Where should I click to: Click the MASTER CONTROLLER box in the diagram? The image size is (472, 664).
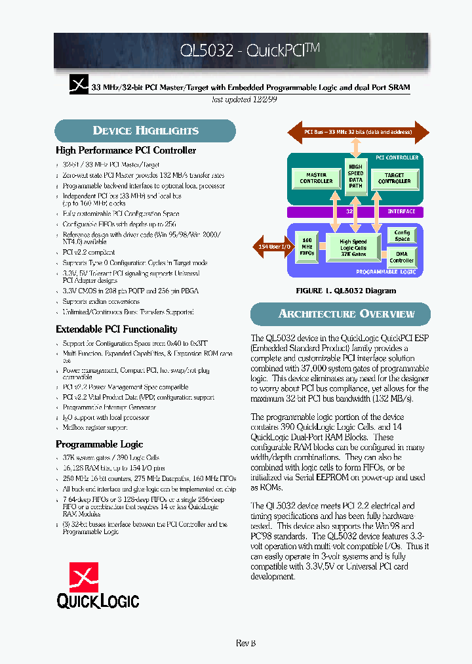316,178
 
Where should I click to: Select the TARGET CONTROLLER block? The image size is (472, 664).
394,178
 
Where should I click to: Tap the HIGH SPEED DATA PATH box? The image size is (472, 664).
355,176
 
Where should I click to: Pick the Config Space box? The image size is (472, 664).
402,236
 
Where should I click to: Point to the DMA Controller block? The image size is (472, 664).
402,257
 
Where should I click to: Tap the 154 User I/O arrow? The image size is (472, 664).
271,246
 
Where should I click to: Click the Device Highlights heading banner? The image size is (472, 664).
145,131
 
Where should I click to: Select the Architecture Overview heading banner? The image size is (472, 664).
341,314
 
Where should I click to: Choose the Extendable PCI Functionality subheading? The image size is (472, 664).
116,329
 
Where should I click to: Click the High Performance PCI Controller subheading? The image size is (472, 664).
126,151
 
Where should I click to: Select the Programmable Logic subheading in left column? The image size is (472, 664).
99,444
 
